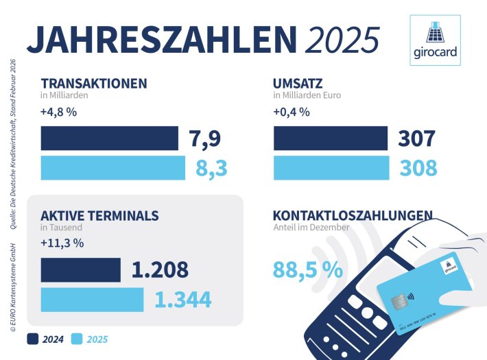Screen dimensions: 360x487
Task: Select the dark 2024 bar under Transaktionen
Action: coord(109,139)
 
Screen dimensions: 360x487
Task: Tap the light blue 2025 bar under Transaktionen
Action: coord(112,168)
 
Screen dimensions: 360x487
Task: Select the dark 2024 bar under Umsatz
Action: coord(330,139)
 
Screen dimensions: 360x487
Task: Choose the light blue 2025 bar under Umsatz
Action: coord(331,168)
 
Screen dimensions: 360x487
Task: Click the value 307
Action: coord(416,139)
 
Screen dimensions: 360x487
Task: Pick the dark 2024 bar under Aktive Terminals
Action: coord(80,269)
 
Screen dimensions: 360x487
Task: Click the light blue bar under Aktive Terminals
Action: coord(92,300)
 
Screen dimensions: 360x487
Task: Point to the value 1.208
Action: coord(160,269)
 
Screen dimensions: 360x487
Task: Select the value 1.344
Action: coord(182,300)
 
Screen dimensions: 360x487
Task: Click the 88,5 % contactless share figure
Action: coord(307,269)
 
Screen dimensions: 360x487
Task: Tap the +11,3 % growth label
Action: coord(62,243)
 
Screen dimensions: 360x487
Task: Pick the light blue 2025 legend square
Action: coord(78,338)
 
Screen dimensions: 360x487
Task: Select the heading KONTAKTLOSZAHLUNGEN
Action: coord(353,216)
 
